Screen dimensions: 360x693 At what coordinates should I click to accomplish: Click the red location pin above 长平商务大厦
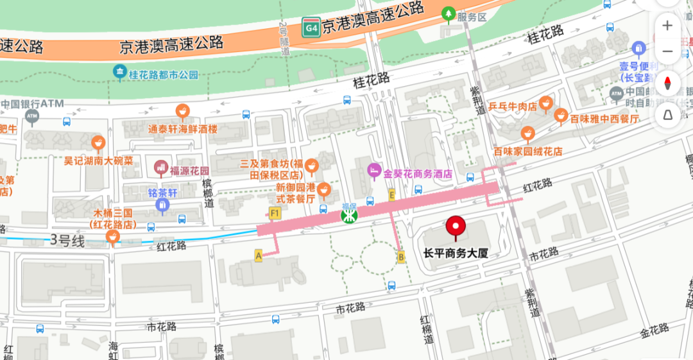coord(456,227)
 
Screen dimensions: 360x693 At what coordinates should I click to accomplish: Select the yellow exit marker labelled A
coord(259,255)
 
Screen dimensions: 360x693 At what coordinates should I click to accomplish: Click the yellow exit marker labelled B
coord(402,257)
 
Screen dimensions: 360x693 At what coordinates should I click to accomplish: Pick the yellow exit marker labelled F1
coord(275,212)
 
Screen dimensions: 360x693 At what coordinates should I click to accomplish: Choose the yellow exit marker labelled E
coord(391,194)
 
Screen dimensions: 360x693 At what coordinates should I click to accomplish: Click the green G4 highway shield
coord(311,28)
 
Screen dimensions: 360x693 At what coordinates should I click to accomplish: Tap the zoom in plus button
coord(667,26)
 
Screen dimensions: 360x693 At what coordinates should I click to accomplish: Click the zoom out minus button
coord(667,51)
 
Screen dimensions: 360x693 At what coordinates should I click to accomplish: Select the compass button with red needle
coord(667,83)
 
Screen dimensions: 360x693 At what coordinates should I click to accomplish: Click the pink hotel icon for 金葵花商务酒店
coord(374,170)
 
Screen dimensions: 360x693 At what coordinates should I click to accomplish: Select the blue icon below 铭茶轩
coord(162,205)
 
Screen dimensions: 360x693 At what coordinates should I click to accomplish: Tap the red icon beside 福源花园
coord(161,169)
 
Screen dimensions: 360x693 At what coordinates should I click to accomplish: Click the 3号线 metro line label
coord(67,241)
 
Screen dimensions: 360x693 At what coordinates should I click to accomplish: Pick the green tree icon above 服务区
coord(449,13)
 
